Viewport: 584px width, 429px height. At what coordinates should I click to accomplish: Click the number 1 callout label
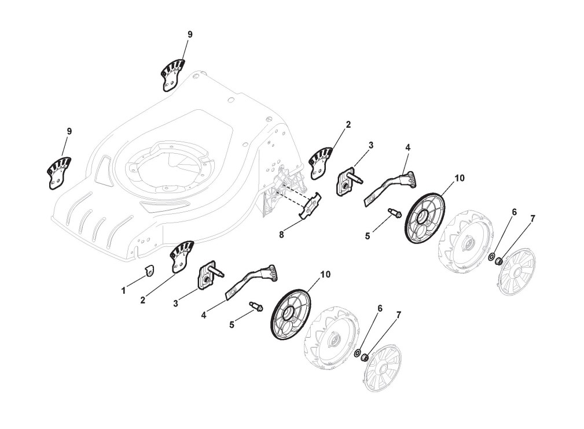coord(123,291)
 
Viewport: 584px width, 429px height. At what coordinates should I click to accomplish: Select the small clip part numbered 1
coord(148,270)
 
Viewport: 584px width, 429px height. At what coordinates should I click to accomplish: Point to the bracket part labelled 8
coord(313,207)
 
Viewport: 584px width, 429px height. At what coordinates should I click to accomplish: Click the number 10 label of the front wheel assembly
coord(325,274)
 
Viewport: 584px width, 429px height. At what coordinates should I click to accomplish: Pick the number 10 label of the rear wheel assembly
coord(459,179)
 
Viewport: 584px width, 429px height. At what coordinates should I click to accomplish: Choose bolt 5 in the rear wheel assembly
coord(395,213)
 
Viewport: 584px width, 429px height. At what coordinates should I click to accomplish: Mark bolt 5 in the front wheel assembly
coord(255,306)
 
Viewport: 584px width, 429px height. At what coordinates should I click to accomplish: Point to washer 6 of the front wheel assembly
coord(358,352)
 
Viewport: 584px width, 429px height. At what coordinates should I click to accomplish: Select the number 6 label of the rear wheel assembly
coord(513,213)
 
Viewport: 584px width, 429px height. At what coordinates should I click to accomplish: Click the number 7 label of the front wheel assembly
coord(398,316)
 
